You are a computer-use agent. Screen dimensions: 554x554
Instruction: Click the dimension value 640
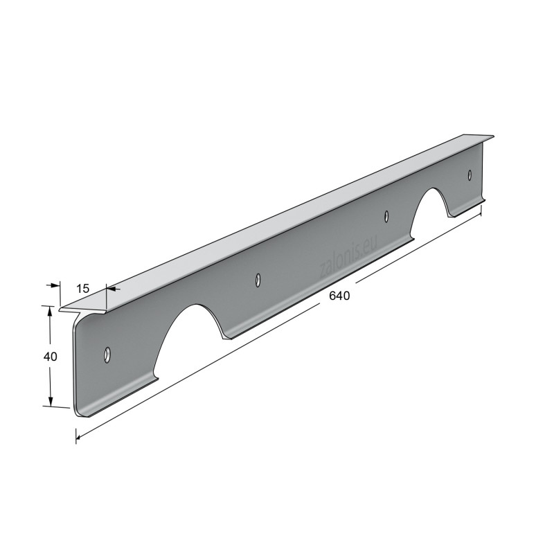tap(339, 296)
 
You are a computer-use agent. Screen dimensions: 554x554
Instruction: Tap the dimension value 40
tap(50, 357)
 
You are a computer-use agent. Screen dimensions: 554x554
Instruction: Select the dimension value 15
tap(83, 289)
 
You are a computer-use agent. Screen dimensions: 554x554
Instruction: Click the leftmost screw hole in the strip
tap(107, 355)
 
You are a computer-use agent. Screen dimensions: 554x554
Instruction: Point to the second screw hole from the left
tap(258, 279)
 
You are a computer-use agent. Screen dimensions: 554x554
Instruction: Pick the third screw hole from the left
tap(387, 216)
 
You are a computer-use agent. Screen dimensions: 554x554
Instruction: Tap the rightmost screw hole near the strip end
tap(470, 175)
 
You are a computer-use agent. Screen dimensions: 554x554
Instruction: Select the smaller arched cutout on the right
tap(429, 212)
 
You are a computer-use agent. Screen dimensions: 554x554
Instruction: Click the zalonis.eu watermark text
tap(348, 256)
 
